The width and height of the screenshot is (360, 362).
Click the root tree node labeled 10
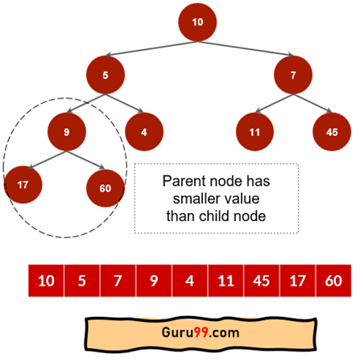point(197,23)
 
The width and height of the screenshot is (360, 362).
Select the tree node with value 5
point(106,75)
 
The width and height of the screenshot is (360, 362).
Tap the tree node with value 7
point(293,75)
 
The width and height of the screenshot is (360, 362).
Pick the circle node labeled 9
point(67,132)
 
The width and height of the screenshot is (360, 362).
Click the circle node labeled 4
point(144,132)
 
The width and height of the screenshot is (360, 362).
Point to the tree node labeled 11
point(254,132)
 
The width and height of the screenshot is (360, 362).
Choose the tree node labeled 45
point(332,132)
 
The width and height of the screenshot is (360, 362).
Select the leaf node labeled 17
point(23,185)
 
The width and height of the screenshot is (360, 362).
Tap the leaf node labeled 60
point(106,188)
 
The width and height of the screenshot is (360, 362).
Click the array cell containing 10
point(46,281)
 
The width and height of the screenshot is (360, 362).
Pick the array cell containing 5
point(82,281)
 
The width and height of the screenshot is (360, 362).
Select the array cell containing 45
point(262,281)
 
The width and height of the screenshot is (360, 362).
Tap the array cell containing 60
point(333,281)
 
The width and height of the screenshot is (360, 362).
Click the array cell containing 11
point(226,281)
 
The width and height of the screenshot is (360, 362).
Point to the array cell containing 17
point(297,281)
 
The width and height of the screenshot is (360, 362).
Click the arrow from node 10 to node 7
point(246,48)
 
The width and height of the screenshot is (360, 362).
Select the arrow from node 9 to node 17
point(48,160)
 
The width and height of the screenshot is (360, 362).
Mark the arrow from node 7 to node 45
point(312,103)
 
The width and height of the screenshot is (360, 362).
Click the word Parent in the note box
point(181,181)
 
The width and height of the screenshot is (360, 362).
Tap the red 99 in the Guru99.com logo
point(201,332)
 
